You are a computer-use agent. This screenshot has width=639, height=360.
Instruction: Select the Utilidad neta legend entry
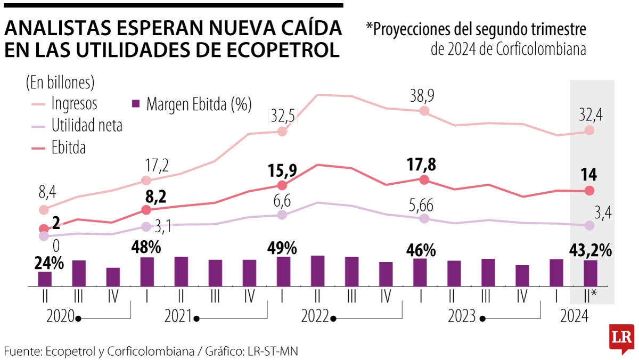[x=87, y=126]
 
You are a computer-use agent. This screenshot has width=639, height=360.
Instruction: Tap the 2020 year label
[x=60, y=316]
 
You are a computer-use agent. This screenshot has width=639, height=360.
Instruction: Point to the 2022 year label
[x=315, y=316]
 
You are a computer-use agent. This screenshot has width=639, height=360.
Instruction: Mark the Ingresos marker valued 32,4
[x=589, y=130]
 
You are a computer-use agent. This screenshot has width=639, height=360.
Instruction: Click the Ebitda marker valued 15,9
[x=282, y=185]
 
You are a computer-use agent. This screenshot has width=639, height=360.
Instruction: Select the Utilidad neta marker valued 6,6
[x=282, y=215]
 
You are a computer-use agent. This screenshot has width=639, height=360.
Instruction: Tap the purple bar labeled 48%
[x=147, y=272]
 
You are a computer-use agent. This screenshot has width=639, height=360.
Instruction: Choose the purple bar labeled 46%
[x=420, y=273]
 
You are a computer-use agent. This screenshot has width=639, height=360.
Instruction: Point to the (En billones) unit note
[x=60, y=83]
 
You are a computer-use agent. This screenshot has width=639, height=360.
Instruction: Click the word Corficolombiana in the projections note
[x=541, y=50]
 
